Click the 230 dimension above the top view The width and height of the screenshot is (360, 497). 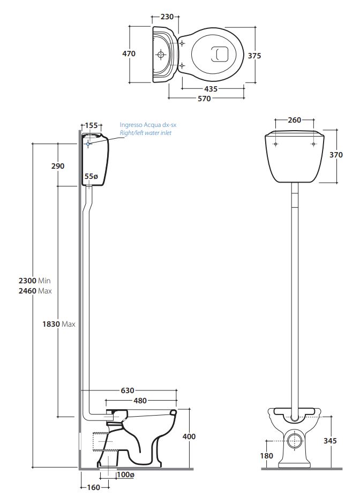coord(167,17)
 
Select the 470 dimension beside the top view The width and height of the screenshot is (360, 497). coord(129,54)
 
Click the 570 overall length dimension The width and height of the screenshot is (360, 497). coord(204,98)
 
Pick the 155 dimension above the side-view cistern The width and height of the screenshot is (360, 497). coord(92,125)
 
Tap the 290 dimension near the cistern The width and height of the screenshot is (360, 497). coord(57,166)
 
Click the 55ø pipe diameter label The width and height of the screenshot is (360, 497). coord(92,176)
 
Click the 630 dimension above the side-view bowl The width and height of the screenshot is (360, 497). coord(127,390)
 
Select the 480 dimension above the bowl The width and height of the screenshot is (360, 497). coord(140,400)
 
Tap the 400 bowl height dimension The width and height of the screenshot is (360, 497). coord(189,436)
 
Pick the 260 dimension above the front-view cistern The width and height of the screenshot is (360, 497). coord(294,120)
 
